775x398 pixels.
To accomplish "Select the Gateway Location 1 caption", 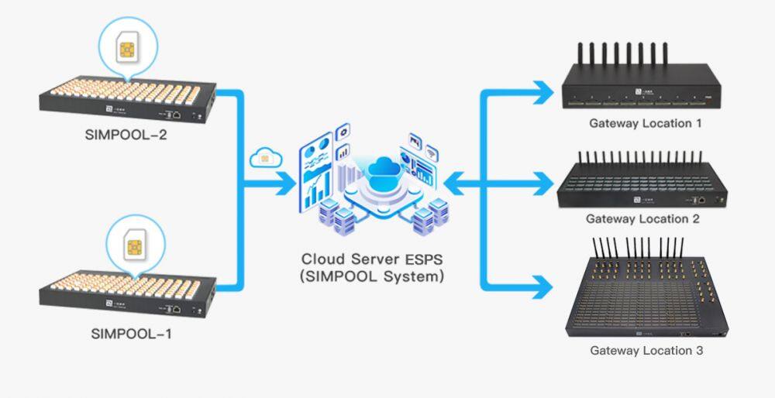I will (x=645, y=122).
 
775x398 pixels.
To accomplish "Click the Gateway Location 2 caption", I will (x=642, y=219).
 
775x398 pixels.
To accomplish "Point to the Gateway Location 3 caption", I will (x=646, y=351).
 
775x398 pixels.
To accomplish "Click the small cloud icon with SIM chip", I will (x=264, y=157).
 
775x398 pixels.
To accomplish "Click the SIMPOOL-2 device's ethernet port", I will (x=177, y=115).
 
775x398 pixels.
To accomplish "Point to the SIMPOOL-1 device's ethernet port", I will (x=177, y=309).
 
